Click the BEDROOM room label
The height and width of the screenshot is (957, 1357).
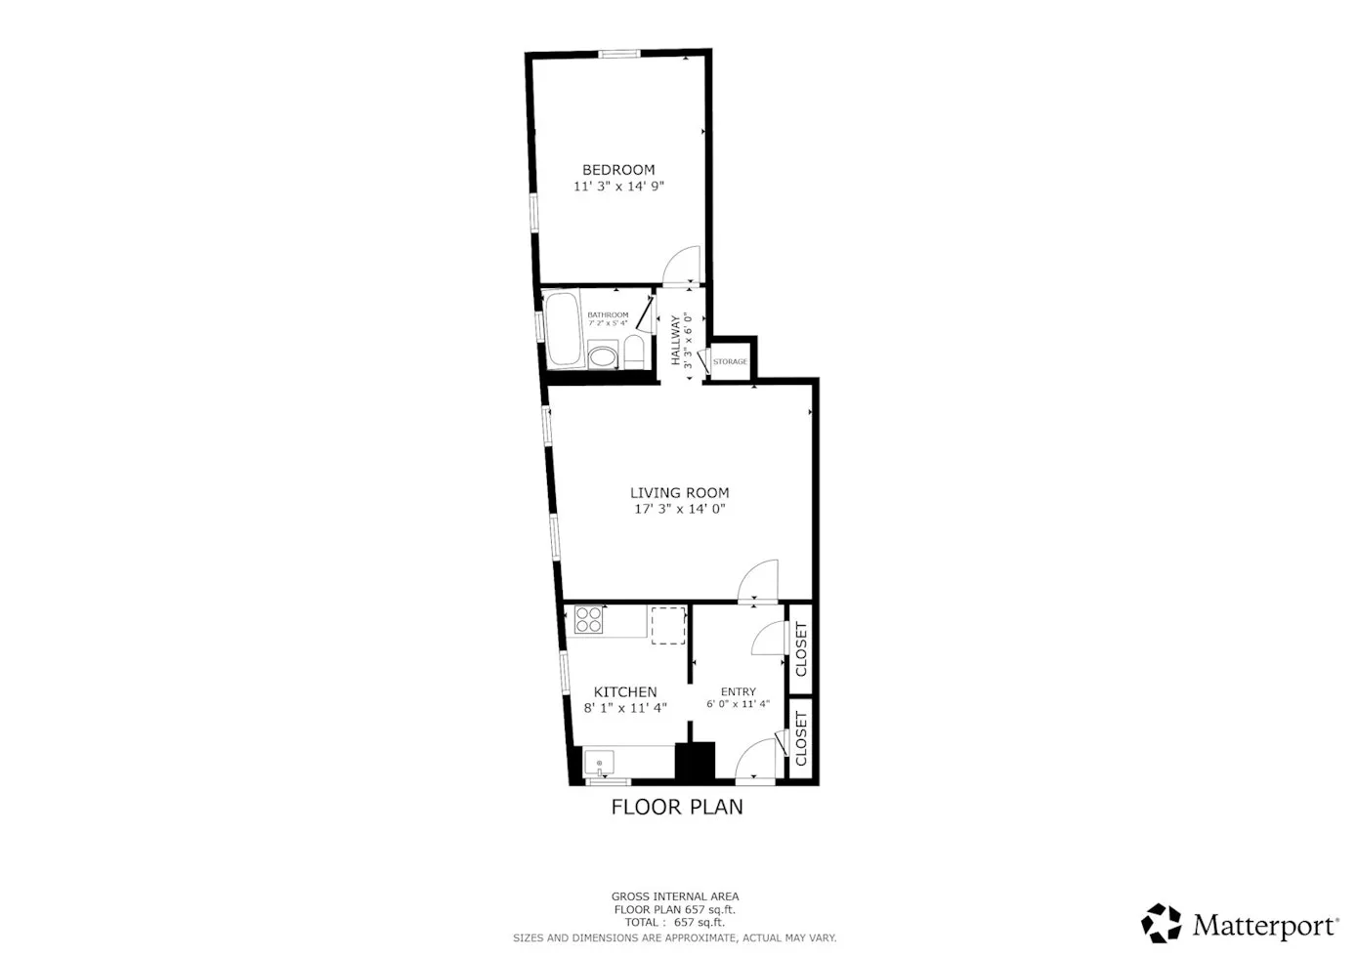pyautogui.click(x=618, y=170)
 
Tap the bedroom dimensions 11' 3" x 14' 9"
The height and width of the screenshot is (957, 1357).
pyautogui.click(x=618, y=186)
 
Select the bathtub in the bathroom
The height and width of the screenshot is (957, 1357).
pyautogui.click(x=563, y=329)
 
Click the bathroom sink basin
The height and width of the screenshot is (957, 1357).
pyautogui.click(x=603, y=355)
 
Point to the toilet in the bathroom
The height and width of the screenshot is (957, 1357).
pyautogui.click(x=633, y=352)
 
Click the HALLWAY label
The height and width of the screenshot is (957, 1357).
pyautogui.click(x=675, y=341)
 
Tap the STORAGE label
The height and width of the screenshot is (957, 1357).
pyautogui.click(x=730, y=362)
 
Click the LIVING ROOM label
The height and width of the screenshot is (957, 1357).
pyautogui.click(x=679, y=493)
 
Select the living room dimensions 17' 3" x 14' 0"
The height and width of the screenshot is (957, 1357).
pyautogui.click(x=679, y=509)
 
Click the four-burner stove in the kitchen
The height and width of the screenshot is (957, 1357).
pyautogui.click(x=589, y=620)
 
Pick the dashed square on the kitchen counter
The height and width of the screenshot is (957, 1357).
pyautogui.click(x=668, y=625)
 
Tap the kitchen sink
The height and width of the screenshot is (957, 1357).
pyautogui.click(x=599, y=761)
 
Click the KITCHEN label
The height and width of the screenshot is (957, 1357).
pyautogui.click(x=625, y=692)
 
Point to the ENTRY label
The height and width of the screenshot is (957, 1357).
pyautogui.click(x=738, y=692)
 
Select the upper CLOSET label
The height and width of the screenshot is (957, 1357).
pyautogui.click(x=801, y=649)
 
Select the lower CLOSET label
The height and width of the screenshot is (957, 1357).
pyautogui.click(x=801, y=738)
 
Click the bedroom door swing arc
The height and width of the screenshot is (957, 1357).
pyautogui.click(x=684, y=262)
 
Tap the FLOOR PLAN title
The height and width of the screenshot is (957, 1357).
pyautogui.click(x=677, y=807)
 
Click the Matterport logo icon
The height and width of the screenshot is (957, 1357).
pyautogui.click(x=1162, y=923)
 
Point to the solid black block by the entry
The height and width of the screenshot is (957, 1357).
pyautogui.click(x=696, y=763)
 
